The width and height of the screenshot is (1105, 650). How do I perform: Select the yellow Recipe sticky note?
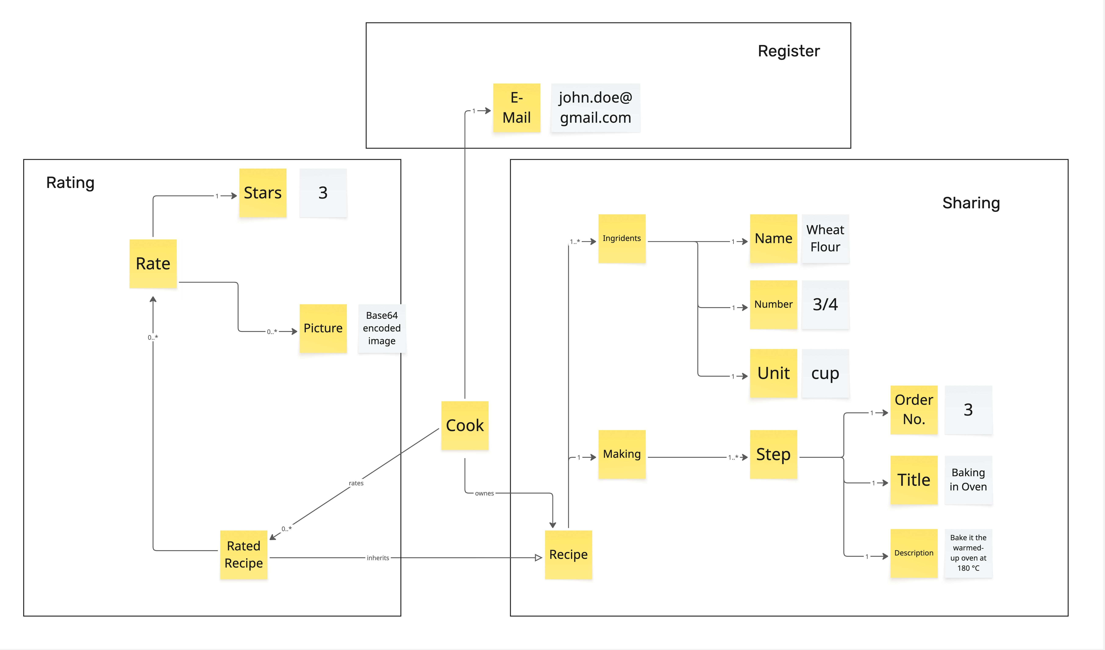click(x=568, y=554)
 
